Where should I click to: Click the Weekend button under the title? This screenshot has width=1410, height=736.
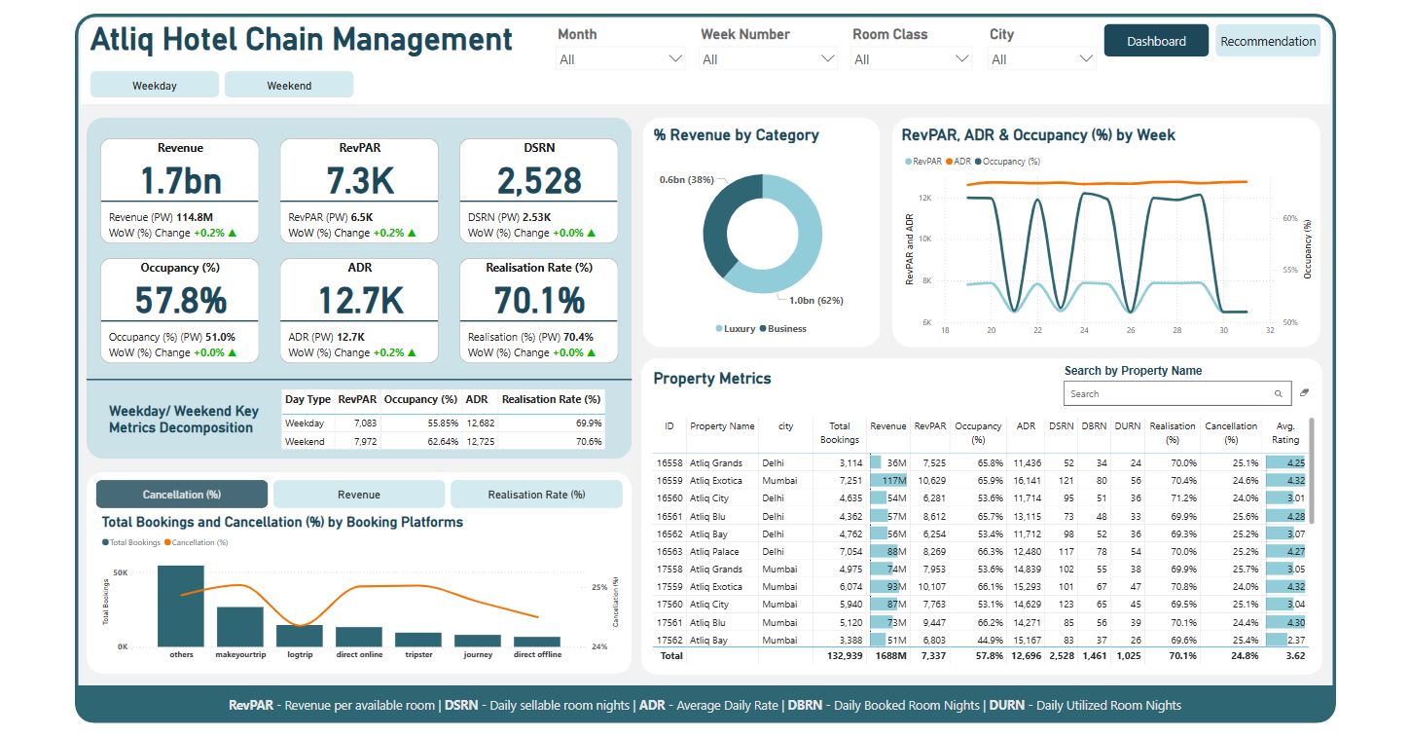(289, 85)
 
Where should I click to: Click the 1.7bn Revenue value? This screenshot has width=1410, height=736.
(180, 180)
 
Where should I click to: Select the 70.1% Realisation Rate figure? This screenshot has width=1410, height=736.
(538, 300)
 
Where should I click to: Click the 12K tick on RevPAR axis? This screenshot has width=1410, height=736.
(926, 198)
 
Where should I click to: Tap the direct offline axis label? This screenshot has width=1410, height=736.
(537, 655)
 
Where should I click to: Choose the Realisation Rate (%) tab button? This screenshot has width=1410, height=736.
(536, 495)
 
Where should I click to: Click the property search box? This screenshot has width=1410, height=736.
(1168, 393)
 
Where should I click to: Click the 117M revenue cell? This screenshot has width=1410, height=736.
(888, 481)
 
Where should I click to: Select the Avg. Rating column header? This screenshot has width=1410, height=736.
(1285, 433)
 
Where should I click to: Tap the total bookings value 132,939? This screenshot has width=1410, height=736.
(842, 656)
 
